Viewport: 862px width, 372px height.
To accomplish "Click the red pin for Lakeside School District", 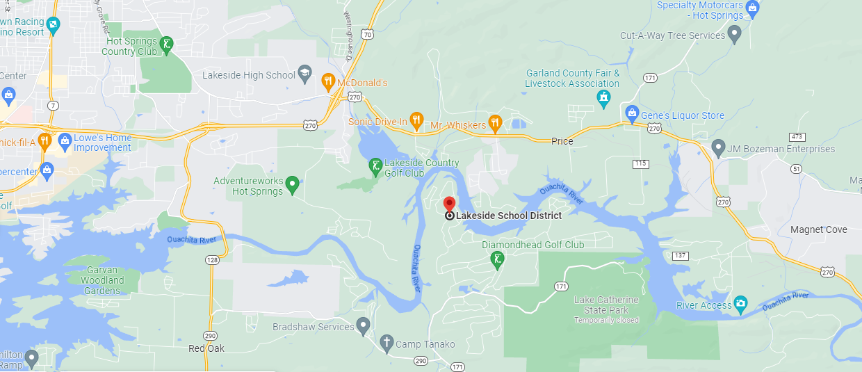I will (449, 203).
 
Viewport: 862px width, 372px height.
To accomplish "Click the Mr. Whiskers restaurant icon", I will (495, 124).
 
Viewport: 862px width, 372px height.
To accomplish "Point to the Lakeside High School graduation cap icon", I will (304, 74).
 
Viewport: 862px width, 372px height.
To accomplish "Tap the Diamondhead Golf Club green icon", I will (496, 261).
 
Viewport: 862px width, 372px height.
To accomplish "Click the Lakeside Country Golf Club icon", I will (375, 166).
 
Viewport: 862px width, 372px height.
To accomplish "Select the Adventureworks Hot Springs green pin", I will (293, 184).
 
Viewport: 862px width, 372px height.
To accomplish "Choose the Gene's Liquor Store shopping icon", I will (632, 113).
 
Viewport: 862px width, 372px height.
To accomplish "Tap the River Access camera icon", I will (741, 303).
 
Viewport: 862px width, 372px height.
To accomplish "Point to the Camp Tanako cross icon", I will (387, 343).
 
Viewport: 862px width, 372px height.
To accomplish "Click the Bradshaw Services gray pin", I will (363, 325).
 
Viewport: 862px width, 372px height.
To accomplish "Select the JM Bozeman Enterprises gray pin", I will (718, 147).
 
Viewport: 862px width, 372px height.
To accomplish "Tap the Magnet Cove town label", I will (819, 229).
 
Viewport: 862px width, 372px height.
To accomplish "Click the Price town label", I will (562, 141).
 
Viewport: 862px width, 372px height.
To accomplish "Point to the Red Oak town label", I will (206, 348).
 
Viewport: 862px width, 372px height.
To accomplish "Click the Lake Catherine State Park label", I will (605, 305).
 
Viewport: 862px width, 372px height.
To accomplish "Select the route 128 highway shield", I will (212, 259).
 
